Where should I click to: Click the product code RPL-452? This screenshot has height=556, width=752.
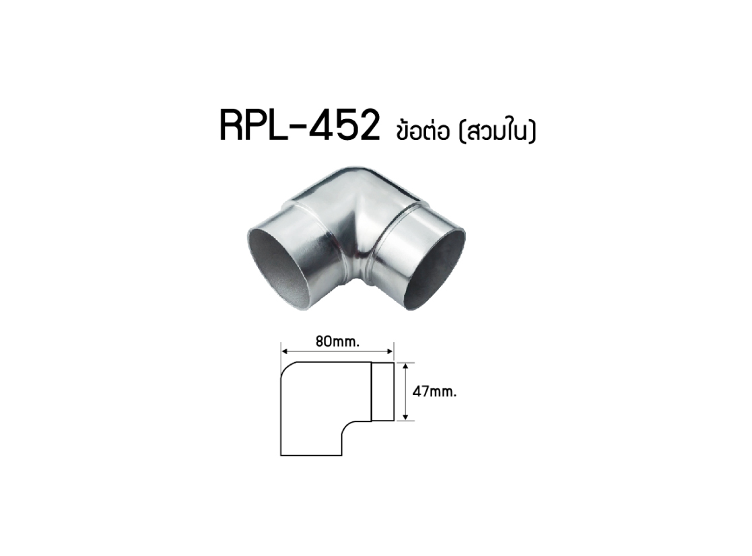tap(300, 125)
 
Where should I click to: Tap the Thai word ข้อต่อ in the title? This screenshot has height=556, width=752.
tap(423, 129)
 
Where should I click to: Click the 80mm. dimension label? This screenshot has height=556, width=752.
tap(338, 342)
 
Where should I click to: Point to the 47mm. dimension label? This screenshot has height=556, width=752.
tap(434, 392)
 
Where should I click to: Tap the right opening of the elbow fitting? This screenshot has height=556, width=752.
tap(434, 269)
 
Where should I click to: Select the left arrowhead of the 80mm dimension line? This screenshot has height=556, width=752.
tap(284, 351)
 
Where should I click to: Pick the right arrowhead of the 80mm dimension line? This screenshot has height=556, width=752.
tap(390, 351)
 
